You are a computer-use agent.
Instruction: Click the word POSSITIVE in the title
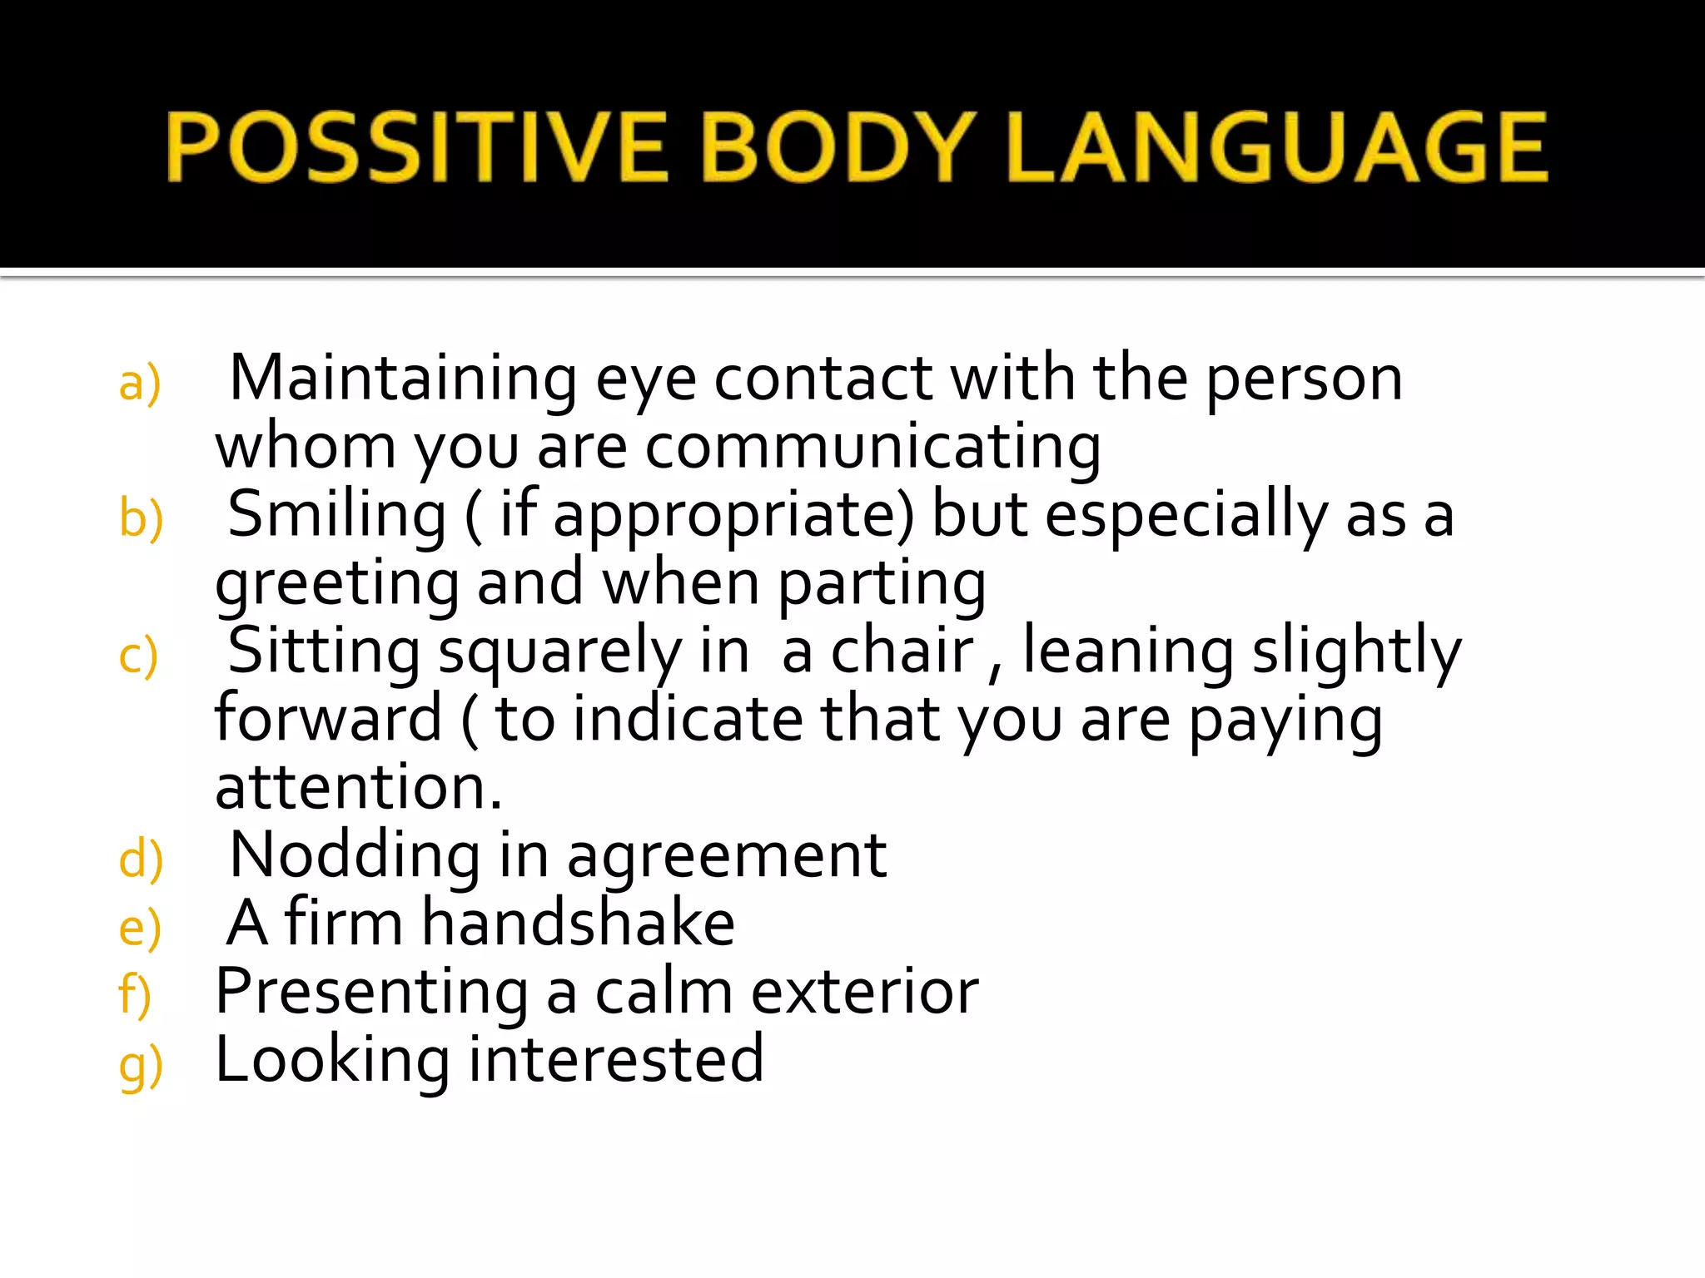[416, 147]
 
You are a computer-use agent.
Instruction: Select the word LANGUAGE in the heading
[1278, 147]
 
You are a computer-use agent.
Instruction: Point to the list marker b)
[141, 519]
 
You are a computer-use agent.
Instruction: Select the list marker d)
[141, 859]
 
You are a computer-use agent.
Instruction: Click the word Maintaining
[403, 379]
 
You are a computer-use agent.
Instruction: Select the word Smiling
[337, 515]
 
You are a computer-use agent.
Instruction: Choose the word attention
[358, 787]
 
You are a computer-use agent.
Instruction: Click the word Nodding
[355, 855]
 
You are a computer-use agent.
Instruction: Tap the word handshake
[578, 924]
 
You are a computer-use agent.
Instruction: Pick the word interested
[615, 1060]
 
